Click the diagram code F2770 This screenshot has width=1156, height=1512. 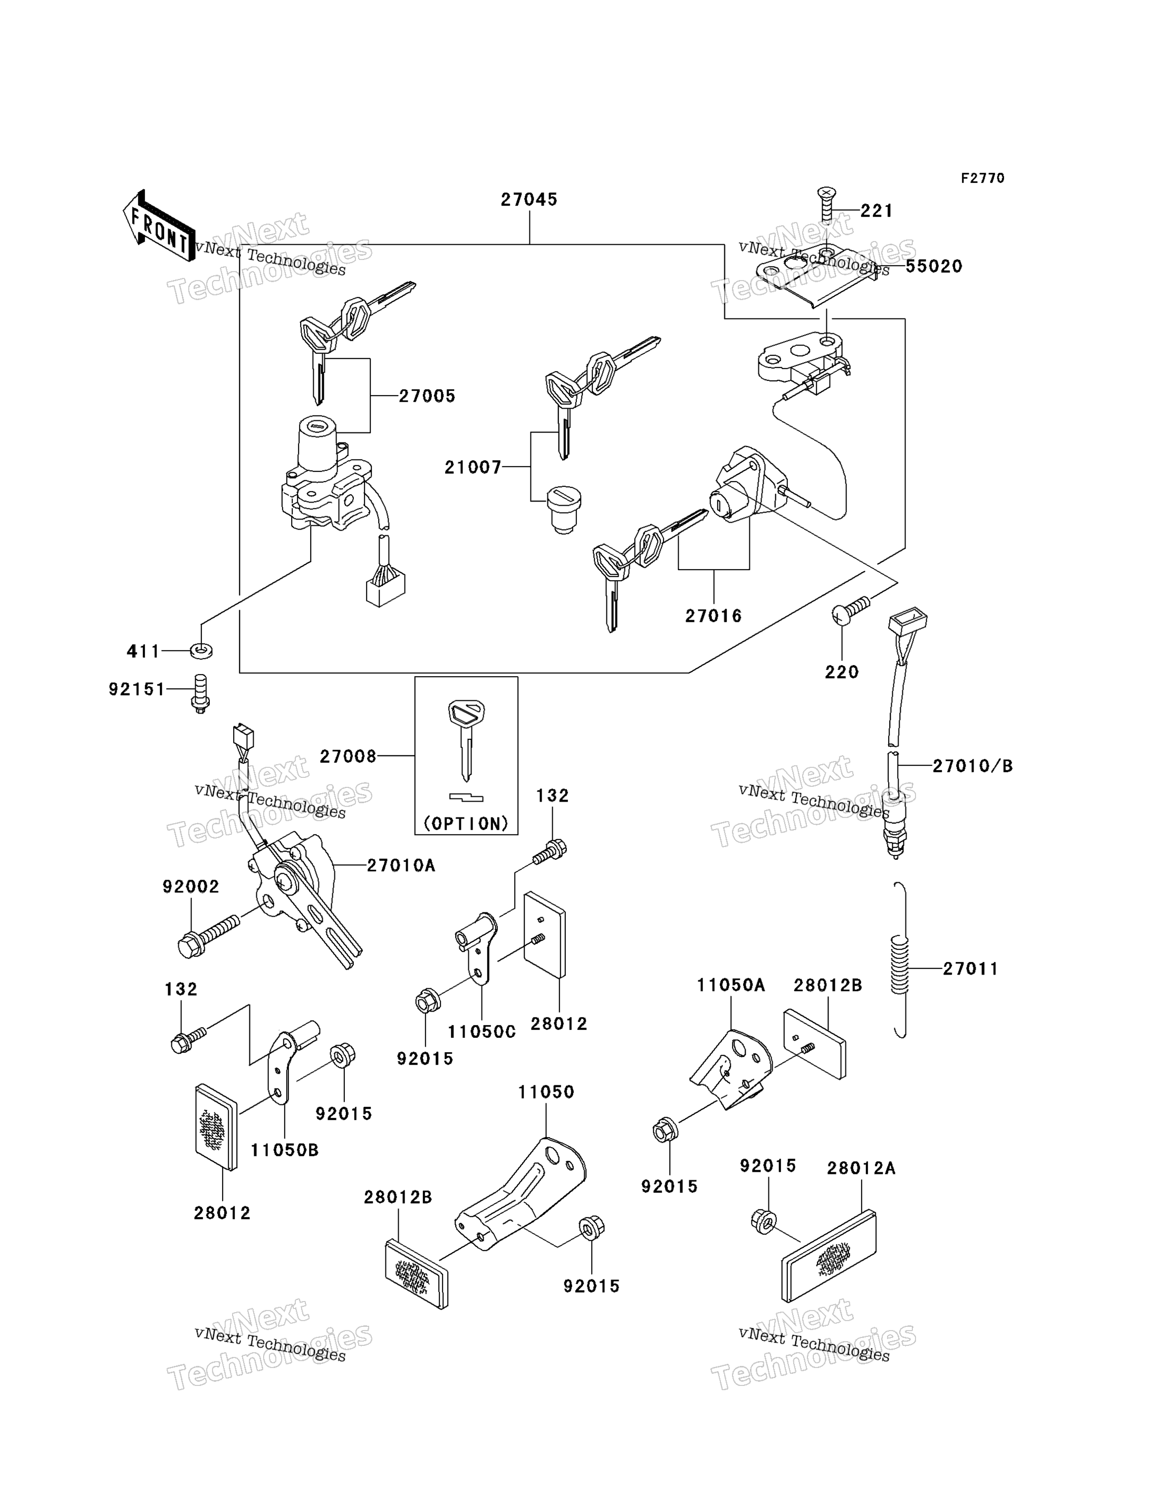tap(982, 178)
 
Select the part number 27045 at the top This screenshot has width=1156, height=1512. tap(528, 199)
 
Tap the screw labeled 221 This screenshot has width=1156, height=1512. tap(826, 205)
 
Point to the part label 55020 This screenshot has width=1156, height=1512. tap(934, 266)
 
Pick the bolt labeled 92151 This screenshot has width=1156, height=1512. tap(199, 694)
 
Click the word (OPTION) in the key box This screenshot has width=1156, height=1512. tap(466, 824)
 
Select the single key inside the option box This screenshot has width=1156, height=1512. tap(466, 740)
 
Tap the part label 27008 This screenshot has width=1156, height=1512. tap(348, 757)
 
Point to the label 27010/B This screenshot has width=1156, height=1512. tap(973, 766)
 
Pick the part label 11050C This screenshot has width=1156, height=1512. tap(481, 1032)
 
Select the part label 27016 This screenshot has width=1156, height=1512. tap(714, 616)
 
